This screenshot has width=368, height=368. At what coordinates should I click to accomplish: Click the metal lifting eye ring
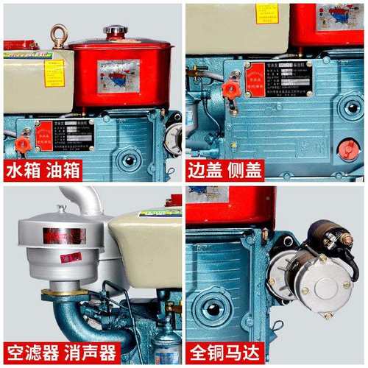pyautogui.click(x=59, y=34)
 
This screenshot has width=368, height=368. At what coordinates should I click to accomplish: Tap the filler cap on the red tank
pyautogui.click(x=115, y=31)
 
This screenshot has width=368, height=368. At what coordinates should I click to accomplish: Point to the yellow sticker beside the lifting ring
pyautogui.click(x=53, y=73)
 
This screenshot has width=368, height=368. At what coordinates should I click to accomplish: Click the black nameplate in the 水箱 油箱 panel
pyautogui.click(x=74, y=134)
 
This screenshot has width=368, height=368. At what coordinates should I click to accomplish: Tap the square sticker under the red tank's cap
pyautogui.click(x=118, y=75)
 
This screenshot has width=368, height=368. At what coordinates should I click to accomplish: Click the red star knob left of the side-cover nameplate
pyautogui.click(x=230, y=90)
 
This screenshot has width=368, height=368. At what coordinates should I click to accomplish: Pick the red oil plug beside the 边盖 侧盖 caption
pyautogui.click(x=347, y=150)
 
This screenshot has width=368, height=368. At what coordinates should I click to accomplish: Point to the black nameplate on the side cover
pyautogui.click(x=280, y=79)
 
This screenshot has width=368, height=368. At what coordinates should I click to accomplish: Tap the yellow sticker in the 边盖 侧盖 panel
pyautogui.click(x=266, y=13)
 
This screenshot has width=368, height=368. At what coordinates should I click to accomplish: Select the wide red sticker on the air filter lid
pyautogui.click(x=63, y=236)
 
